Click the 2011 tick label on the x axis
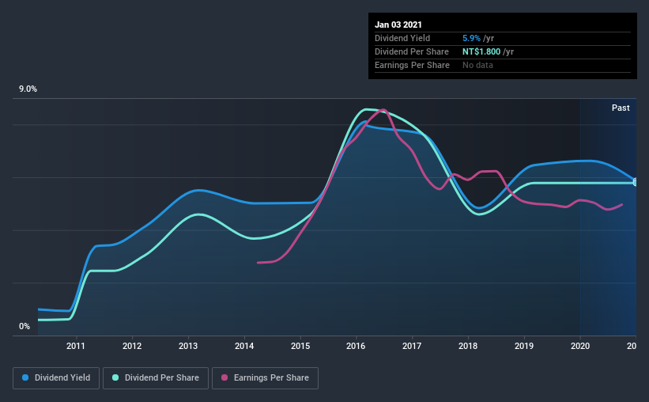coord(76,346)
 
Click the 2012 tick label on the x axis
coord(132,346)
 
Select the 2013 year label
coord(188,346)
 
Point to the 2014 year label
coord(244,346)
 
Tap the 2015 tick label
coord(300,346)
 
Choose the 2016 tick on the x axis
coord(357,346)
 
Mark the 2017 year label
coord(412,346)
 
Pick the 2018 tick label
coord(468,346)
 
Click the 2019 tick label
coord(524,346)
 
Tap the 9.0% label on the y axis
coord(28,89)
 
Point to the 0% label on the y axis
coord(25,326)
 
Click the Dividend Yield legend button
coord(56,378)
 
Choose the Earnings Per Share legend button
coord(265,378)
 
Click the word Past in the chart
coord(621,108)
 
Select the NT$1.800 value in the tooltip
coord(481,51)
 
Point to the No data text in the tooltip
coord(477,65)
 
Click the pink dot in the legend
coord(224,378)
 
